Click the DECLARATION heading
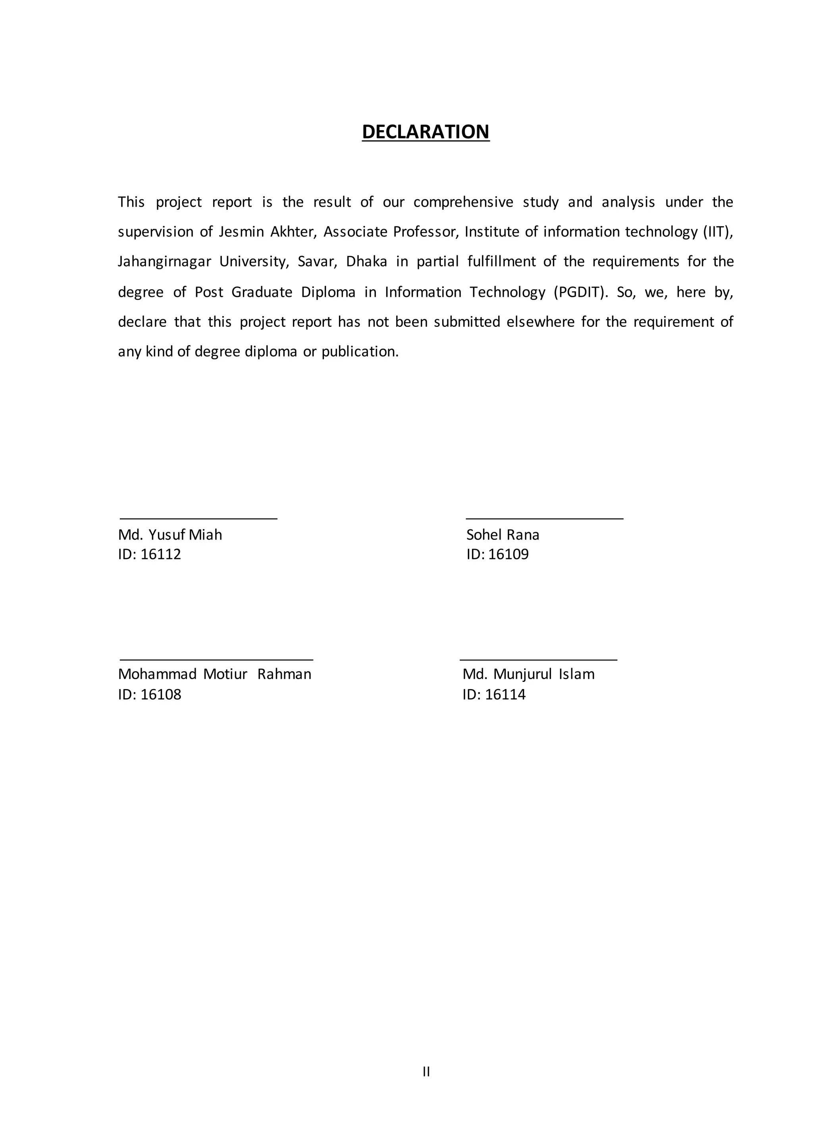[426, 132]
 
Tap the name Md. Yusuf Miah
[170, 535]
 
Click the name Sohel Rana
[503, 535]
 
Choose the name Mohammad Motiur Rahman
[214, 674]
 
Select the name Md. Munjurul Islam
[528, 674]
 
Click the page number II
[426, 1071]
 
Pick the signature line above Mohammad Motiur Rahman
[216, 660]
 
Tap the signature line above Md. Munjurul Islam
[538, 660]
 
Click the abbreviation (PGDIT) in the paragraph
[581, 292]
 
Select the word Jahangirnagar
[164, 262]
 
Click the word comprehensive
[463, 202]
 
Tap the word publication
[359, 351]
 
